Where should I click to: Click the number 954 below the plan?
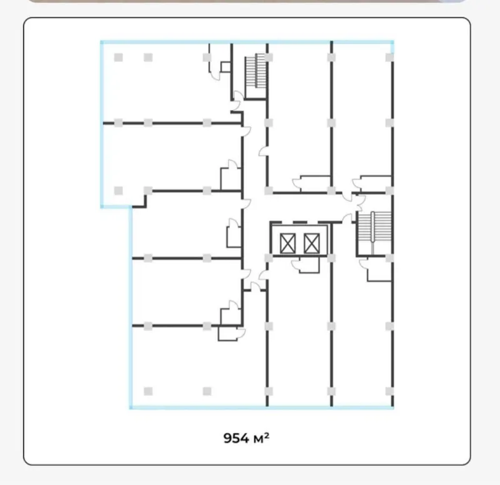pos(236,438)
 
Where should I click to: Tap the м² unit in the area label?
pos(261,438)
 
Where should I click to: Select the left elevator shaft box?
pos(287,243)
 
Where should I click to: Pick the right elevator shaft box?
pos(311,243)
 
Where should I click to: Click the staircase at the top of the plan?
pos(256,71)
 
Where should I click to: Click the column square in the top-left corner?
pos(118,58)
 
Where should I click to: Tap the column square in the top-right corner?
pos(389,58)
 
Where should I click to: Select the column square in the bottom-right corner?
pos(389,391)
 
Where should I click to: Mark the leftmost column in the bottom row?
pos(148,391)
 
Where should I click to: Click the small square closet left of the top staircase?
pos(226,67)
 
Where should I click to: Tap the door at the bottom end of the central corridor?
pos(256,287)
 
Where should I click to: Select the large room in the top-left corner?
pos(166,83)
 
